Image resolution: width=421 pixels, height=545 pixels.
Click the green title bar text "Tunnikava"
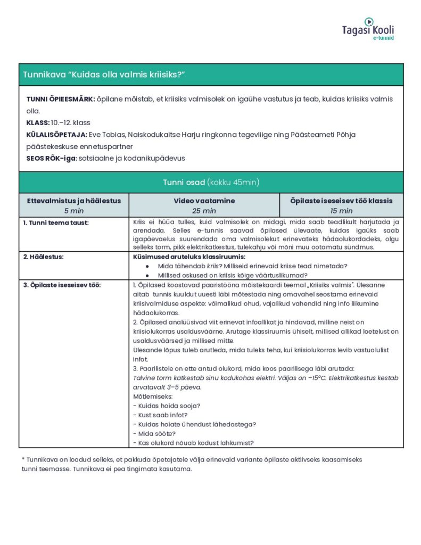[x=44, y=75]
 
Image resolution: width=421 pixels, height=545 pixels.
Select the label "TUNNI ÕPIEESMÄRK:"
[x=61, y=100]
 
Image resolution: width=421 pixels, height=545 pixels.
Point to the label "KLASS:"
[x=37, y=123]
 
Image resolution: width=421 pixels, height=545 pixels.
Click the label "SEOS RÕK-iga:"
[x=51, y=158]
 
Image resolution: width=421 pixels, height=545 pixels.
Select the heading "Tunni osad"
[x=184, y=183]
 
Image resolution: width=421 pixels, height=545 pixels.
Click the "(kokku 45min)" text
[x=233, y=183]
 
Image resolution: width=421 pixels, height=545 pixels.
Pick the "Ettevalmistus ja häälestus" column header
[x=74, y=201]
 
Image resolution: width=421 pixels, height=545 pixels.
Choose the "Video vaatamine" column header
[x=204, y=201]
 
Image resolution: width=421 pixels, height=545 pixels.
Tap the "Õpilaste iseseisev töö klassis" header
[x=341, y=201]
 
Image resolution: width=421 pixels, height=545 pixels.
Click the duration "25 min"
[x=204, y=211]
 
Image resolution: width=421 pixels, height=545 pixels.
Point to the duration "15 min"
[x=341, y=211]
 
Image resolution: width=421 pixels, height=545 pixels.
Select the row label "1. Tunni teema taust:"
[x=56, y=222]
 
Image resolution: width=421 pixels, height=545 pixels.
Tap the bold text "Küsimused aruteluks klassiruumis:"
[x=189, y=257]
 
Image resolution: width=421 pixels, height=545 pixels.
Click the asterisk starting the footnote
[x=23, y=459]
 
